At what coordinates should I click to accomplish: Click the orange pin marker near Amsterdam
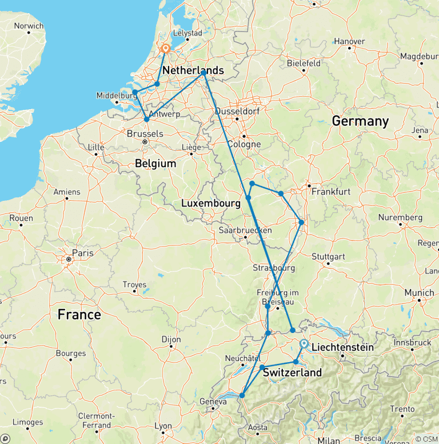point(165,49)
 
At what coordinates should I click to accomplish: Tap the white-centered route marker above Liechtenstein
point(304,344)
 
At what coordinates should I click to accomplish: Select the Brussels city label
point(145,134)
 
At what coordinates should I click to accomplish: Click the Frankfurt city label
point(331,192)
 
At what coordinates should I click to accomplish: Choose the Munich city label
point(420,292)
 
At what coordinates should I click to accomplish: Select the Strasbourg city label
point(273,268)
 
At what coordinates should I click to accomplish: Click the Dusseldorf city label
point(237,110)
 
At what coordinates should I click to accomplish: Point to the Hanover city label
point(349,41)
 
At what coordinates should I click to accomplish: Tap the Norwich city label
point(29,26)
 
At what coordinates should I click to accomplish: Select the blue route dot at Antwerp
point(146,119)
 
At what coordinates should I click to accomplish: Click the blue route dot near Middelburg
point(135,92)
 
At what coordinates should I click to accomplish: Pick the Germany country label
point(360,121)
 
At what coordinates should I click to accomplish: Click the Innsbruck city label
point(412,342)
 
